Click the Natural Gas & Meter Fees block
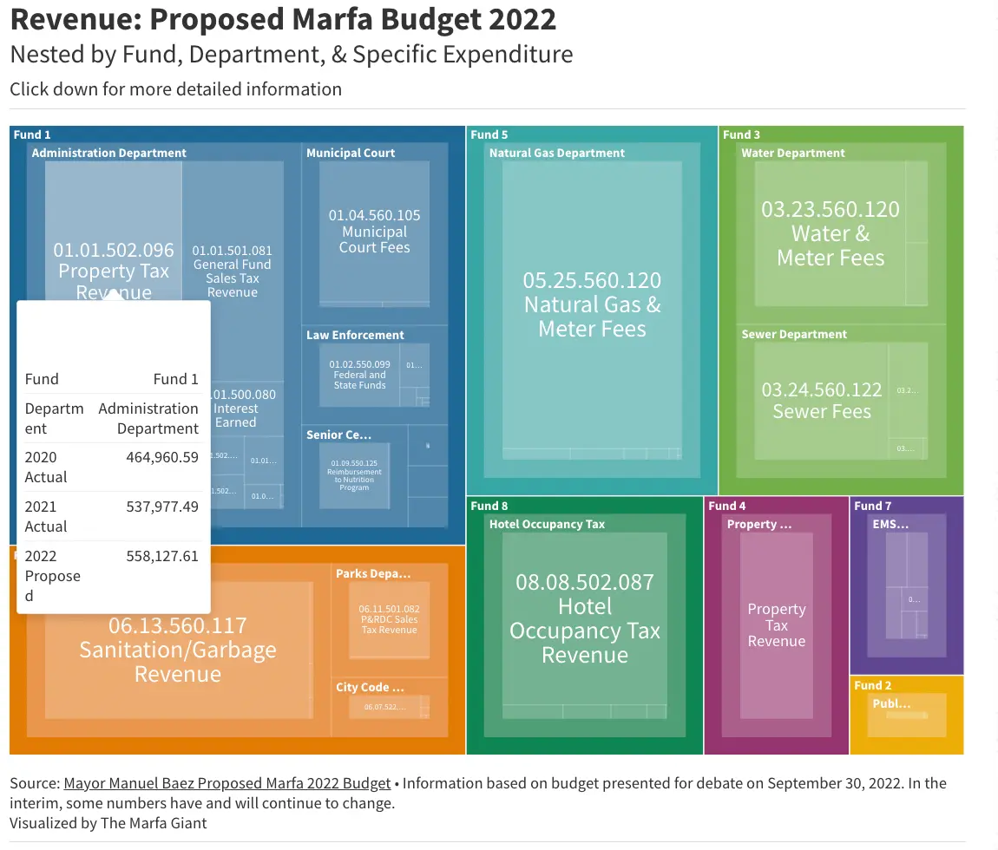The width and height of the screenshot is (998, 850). click(592, 304)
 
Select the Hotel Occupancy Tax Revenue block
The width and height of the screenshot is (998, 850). click(584, 618)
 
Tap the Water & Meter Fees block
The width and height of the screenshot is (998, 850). click(831, 233)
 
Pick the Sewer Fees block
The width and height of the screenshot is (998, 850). click(821, 400)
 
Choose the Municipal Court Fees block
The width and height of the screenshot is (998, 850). click(374, 232)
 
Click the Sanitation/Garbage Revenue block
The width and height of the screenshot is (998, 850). click(177, 650)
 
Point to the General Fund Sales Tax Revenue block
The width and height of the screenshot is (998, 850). click(233, 271)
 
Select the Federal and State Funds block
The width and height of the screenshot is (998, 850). click(359, 375)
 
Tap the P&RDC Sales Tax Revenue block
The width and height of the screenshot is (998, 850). click(389, 619)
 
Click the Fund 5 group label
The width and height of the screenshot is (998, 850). click(489, 134)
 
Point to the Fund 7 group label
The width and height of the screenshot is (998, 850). click(872, 506)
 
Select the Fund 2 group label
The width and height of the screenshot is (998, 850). click(872, 685)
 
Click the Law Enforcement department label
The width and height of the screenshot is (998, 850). click(355, 335)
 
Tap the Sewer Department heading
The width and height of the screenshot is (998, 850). click(793, 334)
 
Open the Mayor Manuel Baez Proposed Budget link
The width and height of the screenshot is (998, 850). click(227, 783)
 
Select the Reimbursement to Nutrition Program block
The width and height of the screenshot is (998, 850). click(353, 475)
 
